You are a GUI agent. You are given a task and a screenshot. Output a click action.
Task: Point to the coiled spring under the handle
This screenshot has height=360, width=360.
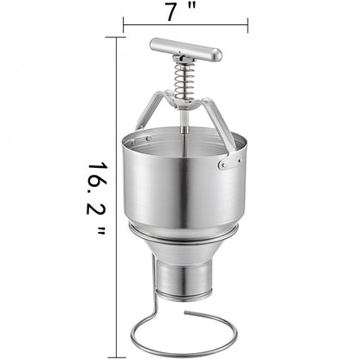184,79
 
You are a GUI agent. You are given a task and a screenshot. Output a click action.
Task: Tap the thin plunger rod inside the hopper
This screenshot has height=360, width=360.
184,130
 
